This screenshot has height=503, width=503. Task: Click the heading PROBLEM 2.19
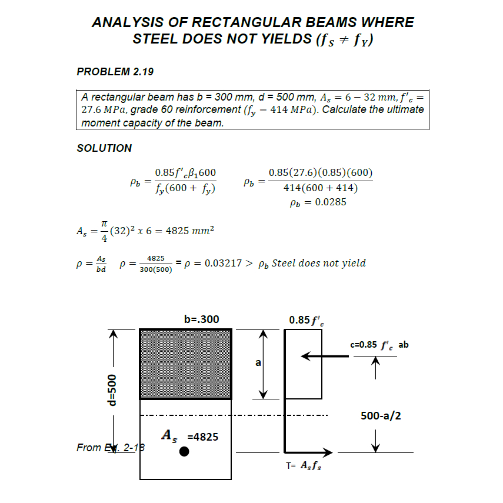[115, 72]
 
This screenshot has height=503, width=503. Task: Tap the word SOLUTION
[104, 148]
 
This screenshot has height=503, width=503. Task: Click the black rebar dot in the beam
[184, 452]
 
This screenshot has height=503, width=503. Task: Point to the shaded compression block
[185, 364]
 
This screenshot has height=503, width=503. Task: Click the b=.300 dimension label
[201, 319]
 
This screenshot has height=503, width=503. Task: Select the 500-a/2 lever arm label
[381, 416]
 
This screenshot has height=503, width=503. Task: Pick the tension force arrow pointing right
[309, 452]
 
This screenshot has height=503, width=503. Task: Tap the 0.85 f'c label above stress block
[305, 320]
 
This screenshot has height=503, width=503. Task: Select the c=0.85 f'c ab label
[379, 345]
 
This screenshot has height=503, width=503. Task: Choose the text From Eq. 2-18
[111, 448]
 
